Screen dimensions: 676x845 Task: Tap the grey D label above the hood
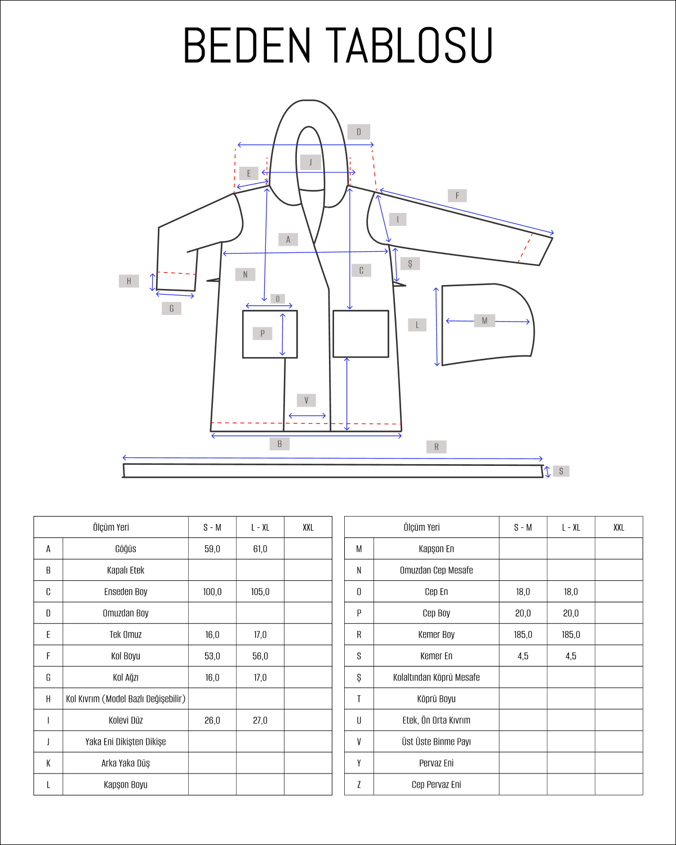(x=359, y=132)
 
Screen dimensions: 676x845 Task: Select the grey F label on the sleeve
(x=457, y=195)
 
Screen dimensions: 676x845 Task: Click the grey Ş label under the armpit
(x=410, y=264)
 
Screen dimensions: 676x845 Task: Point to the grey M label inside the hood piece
(x=484, y=321)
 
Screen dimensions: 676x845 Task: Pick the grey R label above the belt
(x=437, y=447)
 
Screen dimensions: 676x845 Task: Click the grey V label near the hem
(x=306, y=400)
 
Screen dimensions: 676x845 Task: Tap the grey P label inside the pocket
(x=263, y=333)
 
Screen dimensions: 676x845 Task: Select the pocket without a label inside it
(x=361, y=334)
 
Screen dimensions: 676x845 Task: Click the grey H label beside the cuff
(x=129, y=281)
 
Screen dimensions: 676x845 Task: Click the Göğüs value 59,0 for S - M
(x=212, y=549)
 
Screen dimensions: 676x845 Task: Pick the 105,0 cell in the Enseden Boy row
(x=260, y=591)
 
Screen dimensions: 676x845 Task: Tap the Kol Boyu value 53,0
(x=212, y=656)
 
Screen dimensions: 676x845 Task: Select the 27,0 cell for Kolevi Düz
(x=260, y=721)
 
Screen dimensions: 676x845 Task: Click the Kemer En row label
(x=437, y=656)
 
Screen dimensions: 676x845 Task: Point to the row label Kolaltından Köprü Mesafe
(x=437, y=677)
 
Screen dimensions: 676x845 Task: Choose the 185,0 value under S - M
(x=523, y=634)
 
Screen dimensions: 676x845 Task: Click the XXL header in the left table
(x=308, y=527)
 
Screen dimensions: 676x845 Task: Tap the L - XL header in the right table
(x=571, y=527)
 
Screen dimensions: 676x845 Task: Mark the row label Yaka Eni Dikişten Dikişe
(x=126, y=742)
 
